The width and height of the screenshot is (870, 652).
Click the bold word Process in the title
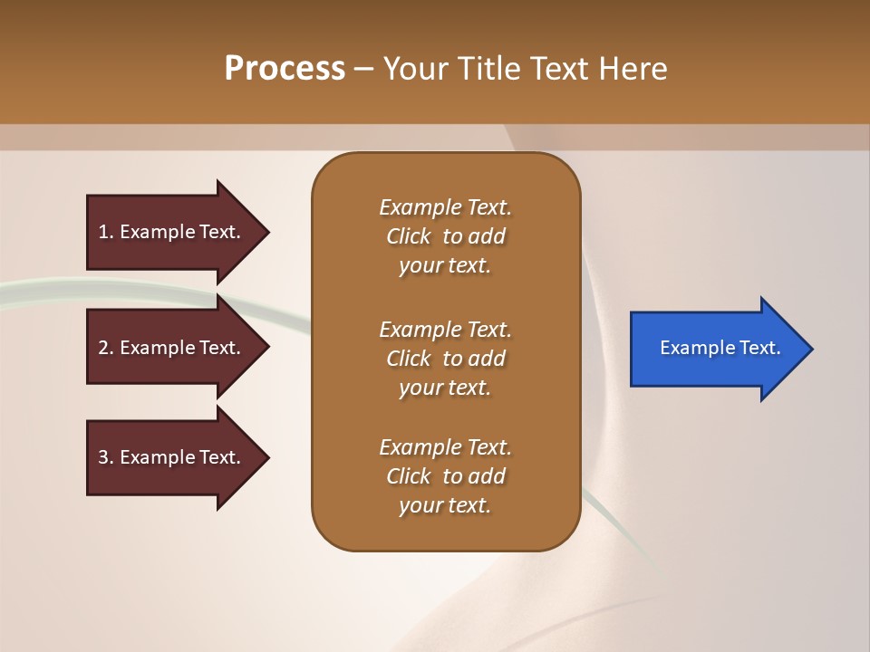click(285, 69)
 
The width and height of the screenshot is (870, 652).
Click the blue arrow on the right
click(721, 349)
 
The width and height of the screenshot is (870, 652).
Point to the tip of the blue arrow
click(814, 349)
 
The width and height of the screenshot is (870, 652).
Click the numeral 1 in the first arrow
click(103, 232)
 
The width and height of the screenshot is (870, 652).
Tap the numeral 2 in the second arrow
click(103, 348)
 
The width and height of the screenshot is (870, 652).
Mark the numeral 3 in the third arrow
click(103, 456)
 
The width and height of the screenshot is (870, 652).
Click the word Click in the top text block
click(409, 236)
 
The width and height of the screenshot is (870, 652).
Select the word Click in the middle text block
click(409, 359)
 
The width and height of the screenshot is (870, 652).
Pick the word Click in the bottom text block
click(409, 475)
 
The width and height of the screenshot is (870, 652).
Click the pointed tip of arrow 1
click(270, 233)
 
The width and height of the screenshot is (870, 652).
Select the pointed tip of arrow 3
click(270, 457)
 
